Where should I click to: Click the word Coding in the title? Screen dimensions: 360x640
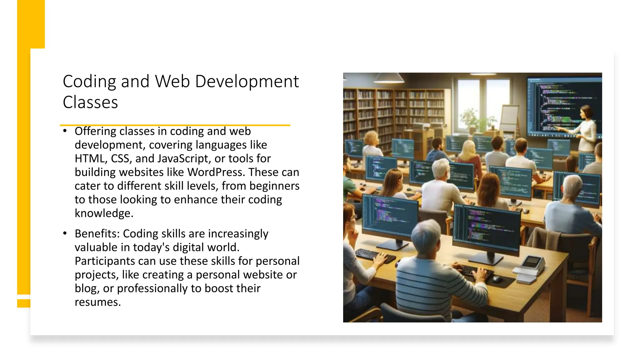pos(89,82)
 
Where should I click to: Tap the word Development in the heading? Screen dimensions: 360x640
pos(247,82)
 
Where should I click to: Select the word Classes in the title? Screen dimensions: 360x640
pos(90,102)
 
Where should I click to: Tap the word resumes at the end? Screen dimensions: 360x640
pos(97,302)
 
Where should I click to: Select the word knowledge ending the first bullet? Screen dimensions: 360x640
pos(103,213)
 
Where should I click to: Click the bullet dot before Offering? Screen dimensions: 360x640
pos(65,131)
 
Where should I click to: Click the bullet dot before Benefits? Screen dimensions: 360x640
pos(65,233)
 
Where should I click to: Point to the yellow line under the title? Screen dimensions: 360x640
pos(175,125)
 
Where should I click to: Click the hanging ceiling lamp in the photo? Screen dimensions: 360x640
pos(389,78)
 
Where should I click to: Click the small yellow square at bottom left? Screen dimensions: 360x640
pos(23,303)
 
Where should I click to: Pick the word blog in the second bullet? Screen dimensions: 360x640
pos(86,288)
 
